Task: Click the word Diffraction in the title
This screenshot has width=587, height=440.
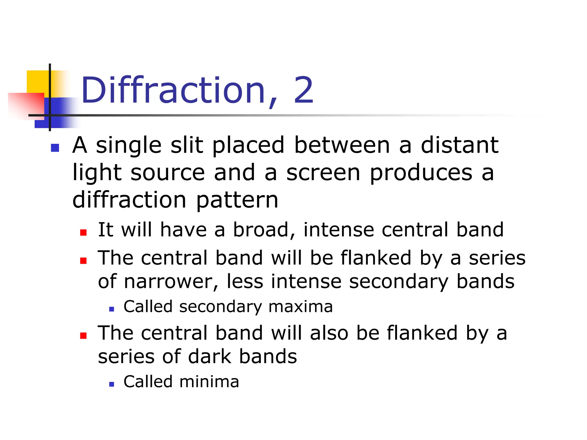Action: (173, 91)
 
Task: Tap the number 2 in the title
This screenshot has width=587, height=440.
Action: (304, 91)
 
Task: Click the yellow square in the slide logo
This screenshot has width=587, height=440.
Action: (37, 82)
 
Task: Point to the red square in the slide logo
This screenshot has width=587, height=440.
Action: (26, 105)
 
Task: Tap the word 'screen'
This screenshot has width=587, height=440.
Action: (323, 173)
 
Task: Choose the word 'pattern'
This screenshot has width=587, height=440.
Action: (237, 200)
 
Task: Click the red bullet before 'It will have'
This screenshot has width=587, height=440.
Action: (83, 232)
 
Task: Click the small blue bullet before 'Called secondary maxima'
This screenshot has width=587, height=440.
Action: (112, 309)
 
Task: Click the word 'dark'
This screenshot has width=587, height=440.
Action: (210, 357)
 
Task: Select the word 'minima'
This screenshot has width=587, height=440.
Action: (209, 382)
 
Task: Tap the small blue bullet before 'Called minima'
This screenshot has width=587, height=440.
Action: (112, 384)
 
